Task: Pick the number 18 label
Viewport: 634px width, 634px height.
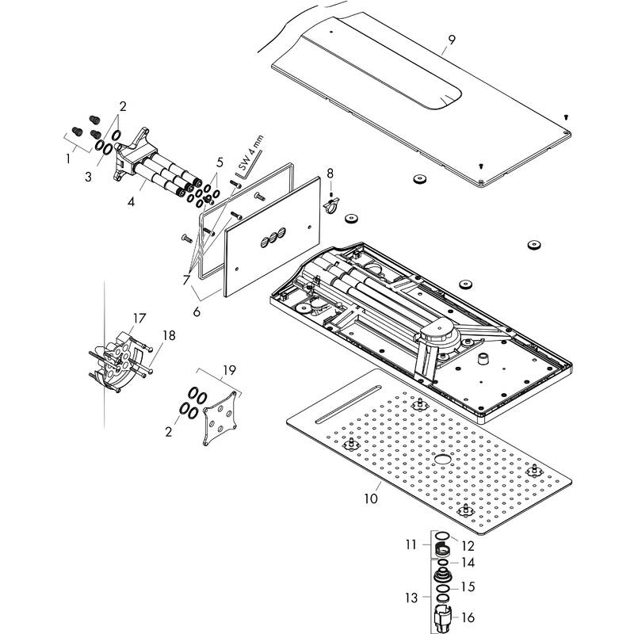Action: (x=167, y=335)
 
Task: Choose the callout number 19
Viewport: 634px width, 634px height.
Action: (x=229, y=370)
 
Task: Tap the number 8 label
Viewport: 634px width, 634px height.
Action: (x=330, y=172)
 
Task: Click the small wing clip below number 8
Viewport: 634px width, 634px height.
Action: (x=331, y=206)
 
